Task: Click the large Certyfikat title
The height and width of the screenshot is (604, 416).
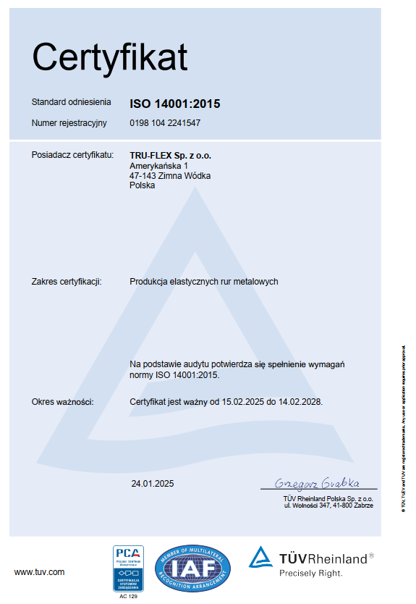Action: (109, 58)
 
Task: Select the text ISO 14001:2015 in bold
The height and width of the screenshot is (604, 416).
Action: (175, 104)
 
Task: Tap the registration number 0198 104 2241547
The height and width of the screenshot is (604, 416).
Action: (165, 123)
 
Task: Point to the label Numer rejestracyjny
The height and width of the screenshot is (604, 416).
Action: (69, 123)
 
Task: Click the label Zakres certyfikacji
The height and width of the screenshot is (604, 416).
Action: (67, 282)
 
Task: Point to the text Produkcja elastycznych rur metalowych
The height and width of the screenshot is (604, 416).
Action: (204, 282)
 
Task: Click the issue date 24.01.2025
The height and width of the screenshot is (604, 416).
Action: (153, 483)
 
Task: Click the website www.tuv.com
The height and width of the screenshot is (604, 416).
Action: (40, 572)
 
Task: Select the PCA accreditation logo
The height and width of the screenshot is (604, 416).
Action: (128, 569)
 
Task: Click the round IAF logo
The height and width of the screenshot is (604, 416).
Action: (193, 569)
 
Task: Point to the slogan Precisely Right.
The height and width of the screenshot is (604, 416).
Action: (311, 573)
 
